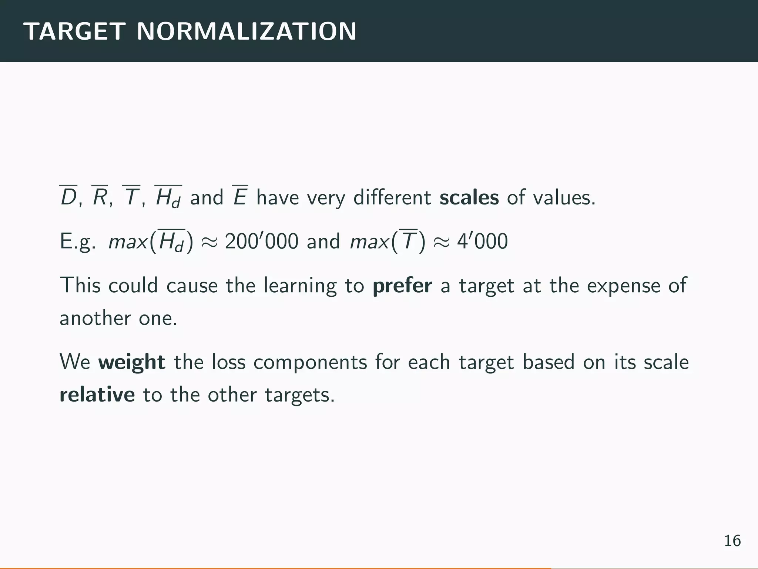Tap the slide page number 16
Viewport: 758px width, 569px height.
pyautogui.click(x=732, y=541)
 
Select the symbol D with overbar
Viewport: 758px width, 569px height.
pyautogui.click(x=68, y=197)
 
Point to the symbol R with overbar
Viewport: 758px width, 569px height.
pyautogui.click(x=100, y=197)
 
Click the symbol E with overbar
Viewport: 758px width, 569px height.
pyautogui.click(x=240, y=197)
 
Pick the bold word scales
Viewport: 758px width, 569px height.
pyautogui.click(x=469, y=197)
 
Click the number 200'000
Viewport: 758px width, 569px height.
pyautogui.click(x=261, y=242)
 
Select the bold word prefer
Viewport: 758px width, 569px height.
pyautogui.click(x=402, y=286)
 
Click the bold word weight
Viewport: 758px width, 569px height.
pyautogui.click(x=132, y=362)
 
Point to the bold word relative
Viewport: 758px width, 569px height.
pyautogui.click(x=97, y=395)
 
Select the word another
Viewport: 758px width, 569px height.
pyautogui.click(x=95, y=318)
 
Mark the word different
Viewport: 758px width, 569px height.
pyautogui.click(x=392, y=197)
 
